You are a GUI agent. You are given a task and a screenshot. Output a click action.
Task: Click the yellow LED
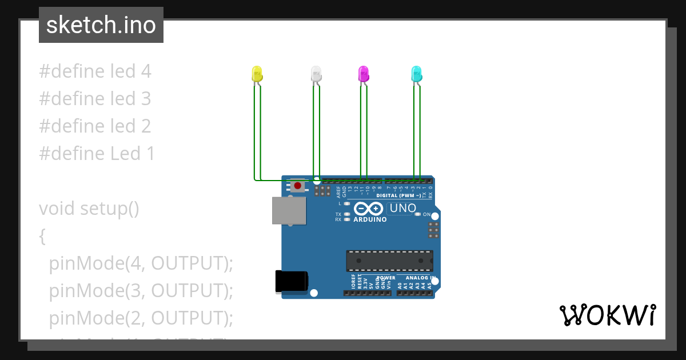coord(257,73)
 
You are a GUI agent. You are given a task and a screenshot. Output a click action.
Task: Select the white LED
coord(316,73)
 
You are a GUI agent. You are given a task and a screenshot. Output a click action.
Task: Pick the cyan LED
coord(417,73)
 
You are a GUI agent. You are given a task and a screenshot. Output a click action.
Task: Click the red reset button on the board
coord(298,185)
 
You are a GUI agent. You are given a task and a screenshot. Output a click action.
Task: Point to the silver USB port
coord(289,210)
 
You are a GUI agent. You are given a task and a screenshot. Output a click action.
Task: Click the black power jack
coord(292,282)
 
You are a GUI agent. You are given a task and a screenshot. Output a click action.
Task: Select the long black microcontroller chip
coord(389,261)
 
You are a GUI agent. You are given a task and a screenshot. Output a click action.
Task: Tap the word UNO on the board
coord(403,209)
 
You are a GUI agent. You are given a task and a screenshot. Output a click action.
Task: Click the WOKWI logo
coord(607,315)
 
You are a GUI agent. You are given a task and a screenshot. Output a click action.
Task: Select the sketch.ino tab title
coord(101,25)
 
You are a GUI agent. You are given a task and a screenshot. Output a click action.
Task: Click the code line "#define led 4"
coord(95,71)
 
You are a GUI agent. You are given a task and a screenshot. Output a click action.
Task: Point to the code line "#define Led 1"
coord(97,154)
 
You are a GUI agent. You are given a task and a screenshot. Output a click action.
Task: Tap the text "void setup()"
coord(89,209)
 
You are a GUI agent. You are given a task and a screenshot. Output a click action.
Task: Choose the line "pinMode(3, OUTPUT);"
coord(141,291)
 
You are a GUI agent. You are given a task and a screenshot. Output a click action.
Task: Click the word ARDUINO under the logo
coord(370,219)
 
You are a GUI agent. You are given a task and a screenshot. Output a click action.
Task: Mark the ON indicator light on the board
coord(418,214)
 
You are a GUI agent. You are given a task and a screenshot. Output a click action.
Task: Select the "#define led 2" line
coord(95,126)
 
